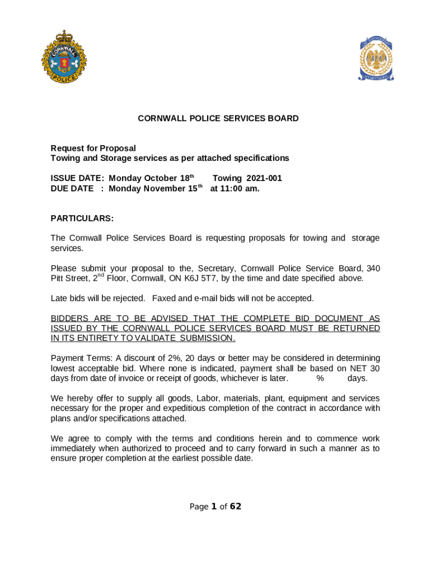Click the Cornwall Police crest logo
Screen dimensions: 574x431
(64, 57)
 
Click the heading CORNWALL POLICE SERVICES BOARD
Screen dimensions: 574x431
(218, 118)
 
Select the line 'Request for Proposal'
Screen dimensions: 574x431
(93, 149)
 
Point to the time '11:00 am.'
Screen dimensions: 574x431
(242, 188)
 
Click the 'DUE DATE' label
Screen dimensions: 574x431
(72, 188)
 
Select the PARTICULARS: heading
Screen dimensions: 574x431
(82, 218)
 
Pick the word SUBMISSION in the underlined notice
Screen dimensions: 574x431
(207, 339)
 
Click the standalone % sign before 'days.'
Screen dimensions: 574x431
(320, 378)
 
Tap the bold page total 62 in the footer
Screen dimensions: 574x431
(236, 507)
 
